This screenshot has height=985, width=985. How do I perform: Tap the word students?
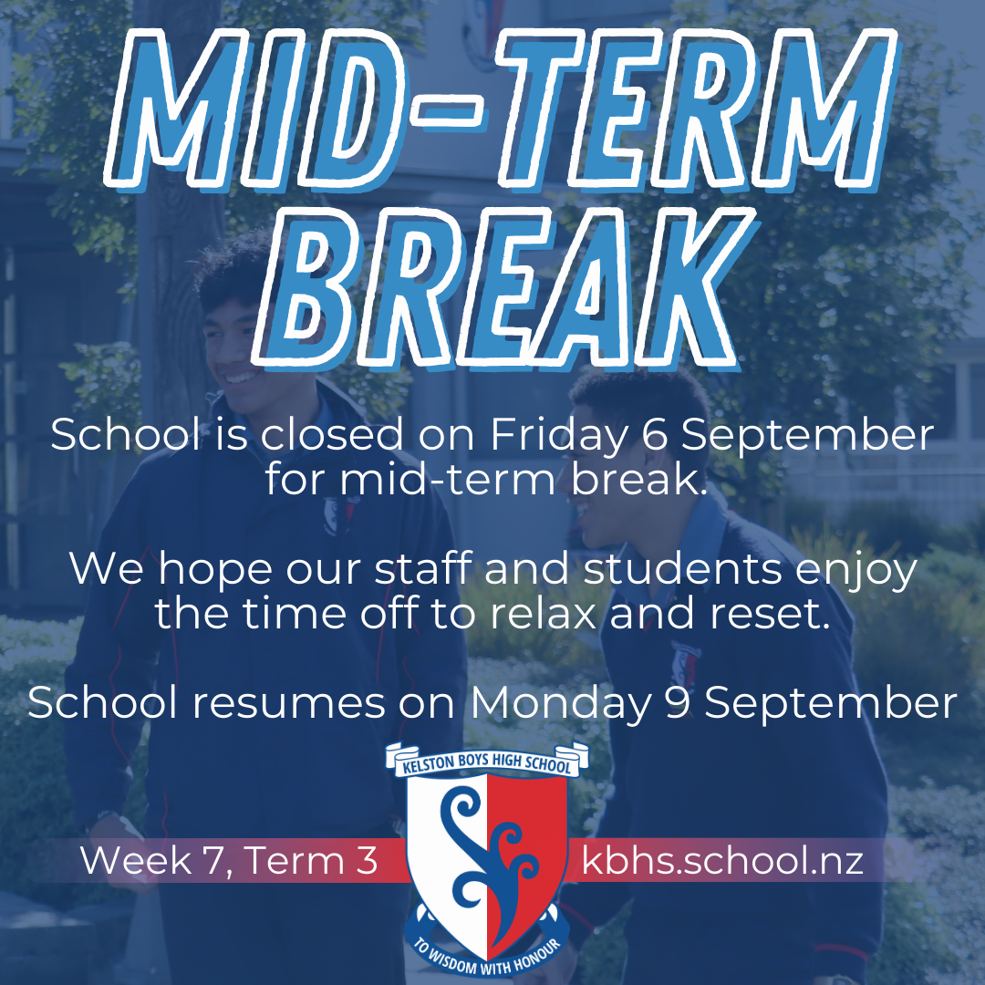coord(682,570)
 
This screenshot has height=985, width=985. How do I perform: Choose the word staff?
coord(420,570)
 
